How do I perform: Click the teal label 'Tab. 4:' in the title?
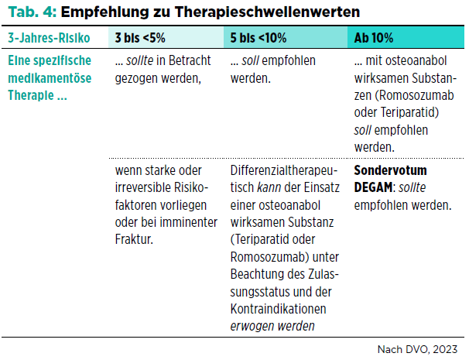click(33, 12)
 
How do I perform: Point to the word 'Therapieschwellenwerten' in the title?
click(267, 12)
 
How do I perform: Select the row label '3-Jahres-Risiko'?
click(49, 38)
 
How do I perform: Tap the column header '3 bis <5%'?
click(140, 38)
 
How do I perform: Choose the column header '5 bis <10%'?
click(258, 38)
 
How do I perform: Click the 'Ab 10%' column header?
click(374, 38)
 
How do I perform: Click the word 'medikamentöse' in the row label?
click(50, 78)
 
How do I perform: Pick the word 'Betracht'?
click(190, 60)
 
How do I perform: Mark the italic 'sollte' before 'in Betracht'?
click(139, 60)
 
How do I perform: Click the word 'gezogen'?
click(136, 79)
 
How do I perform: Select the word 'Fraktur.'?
click(134, 239)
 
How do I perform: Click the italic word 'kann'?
click(269, 187)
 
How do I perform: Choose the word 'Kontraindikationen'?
click(278, 309)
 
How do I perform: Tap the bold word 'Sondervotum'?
click(390, 170)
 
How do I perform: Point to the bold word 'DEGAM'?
click(373, 187)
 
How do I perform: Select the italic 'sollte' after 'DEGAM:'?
click(413, 187)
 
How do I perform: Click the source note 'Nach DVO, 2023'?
click(417, 349)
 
